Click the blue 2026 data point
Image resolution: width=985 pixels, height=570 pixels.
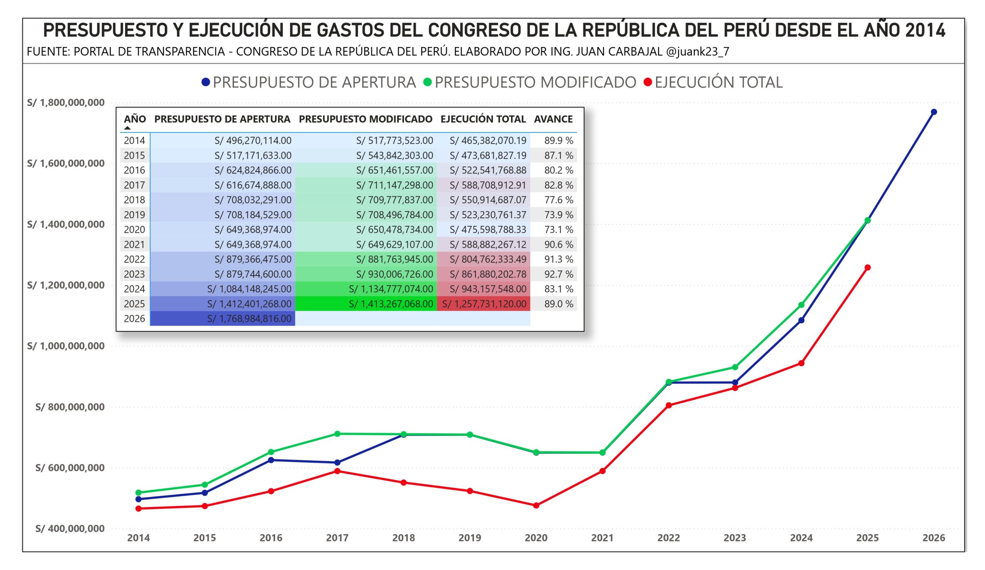point(933,112)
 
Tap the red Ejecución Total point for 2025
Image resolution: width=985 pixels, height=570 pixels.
point(867,267)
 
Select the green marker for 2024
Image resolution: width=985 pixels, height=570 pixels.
point(801,304)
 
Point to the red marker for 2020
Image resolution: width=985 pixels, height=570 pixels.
point(536,505)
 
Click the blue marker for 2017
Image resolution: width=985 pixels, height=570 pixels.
point(337,463)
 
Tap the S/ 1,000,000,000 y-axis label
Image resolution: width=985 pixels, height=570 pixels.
point(66,346)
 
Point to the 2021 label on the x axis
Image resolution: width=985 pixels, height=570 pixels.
point(602,538)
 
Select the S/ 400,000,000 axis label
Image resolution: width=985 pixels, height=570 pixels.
point(70,528)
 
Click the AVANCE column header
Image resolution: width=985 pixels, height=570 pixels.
point(553,119)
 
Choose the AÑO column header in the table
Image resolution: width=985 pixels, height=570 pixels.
point(135,119)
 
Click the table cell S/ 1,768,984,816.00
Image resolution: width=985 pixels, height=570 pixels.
point(249,319)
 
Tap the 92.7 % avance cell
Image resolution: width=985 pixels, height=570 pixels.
point(559,274)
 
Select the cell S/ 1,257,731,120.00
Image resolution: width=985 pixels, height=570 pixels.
point(484,304)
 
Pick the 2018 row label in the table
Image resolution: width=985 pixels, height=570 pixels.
point(134,200)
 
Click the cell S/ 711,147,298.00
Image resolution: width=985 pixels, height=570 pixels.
point(394,185)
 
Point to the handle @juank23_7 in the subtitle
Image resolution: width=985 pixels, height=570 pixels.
point(697,52)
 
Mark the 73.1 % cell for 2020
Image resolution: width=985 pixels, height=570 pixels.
point(559,229)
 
